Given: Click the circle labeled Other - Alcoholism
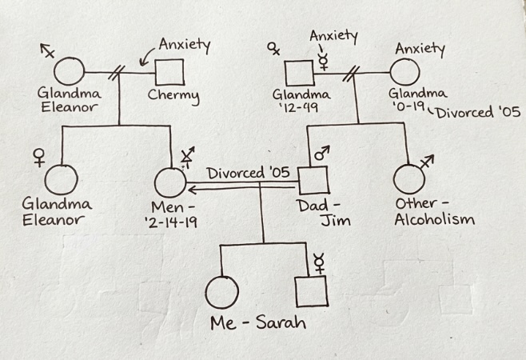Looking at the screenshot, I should (x=409, y=179).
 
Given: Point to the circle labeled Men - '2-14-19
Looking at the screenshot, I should (x=169, y=182).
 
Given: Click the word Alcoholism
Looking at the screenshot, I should (x=435, y=220).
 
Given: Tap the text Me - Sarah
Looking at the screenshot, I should (x=258, y=323).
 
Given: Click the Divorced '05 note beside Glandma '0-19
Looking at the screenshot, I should (x=476, y=113).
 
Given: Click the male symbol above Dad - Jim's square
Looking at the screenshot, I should (x=321, y=153).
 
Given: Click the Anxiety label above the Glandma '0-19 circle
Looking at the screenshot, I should (x=419, y=49).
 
